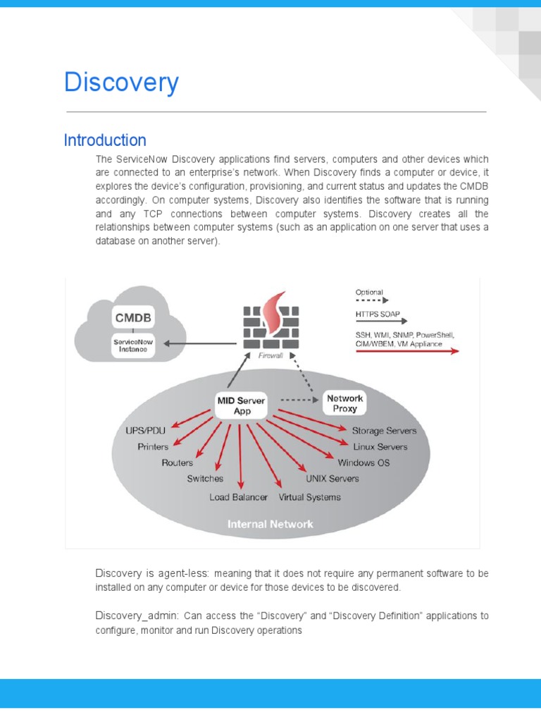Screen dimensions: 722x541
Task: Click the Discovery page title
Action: (x=121, y=83)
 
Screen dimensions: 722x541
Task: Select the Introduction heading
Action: (x=105, y=140)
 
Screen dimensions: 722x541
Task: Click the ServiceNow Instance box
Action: (x=132, y=344)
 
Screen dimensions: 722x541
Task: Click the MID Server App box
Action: (x=241, y=405)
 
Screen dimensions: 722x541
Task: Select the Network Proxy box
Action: (x=344, y=403)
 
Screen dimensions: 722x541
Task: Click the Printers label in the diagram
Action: (x=153, y=447)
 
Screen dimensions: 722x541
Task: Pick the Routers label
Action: (x=178, y=463)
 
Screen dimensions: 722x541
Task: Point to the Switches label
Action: (x=205, y=479)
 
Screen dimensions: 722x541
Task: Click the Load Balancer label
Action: (x=238, y=497)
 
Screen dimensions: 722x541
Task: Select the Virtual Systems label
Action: (x=309, y=497)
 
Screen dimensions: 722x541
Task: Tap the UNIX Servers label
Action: (x=332, y=479)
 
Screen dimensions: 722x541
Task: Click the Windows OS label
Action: (x=363, y=463)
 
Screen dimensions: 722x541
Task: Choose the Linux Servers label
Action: (x=380, y=447)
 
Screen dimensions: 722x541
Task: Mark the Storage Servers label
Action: (x=384, y=430)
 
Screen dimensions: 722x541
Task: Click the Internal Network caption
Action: (x=270, y=524)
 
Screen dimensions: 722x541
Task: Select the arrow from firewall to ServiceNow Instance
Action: (x=200, y=343)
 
